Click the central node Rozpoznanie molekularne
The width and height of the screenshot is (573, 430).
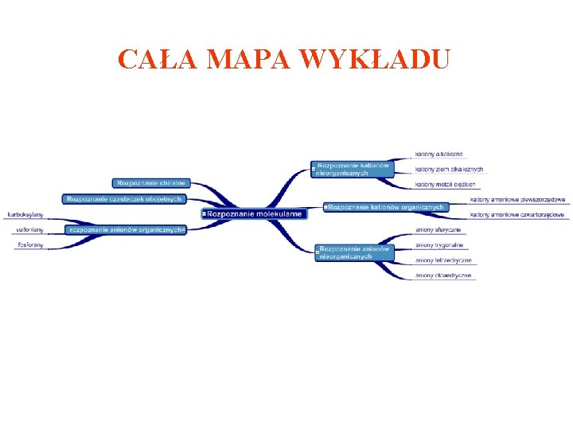tap(254, 214)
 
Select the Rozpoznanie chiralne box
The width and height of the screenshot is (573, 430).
tap(151, 183)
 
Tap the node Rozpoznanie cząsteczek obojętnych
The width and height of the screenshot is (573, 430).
tap(124, 199)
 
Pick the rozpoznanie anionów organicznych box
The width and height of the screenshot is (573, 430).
tap(127, 229)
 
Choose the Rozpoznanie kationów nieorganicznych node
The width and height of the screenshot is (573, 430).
tap(353, 169)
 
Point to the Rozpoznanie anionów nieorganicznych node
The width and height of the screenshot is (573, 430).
tap(355, 252)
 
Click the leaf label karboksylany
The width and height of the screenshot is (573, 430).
tap(25, 215)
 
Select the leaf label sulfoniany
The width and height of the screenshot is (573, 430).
tap(29, 230)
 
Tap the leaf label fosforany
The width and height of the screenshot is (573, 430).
tap(30, 245)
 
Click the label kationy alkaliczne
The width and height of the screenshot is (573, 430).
tap(439, 154)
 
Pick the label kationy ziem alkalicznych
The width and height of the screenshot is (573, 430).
tap(449, 169)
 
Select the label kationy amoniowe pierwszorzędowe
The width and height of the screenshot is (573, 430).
tap(517, 199)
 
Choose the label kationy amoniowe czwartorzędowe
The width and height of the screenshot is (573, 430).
tap(517, 215)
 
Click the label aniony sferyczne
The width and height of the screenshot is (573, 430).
tap(438, 230)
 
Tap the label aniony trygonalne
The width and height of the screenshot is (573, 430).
tap(439, 245)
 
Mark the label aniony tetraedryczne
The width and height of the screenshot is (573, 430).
tap(443, 260)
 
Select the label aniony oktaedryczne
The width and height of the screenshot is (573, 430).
tap(443, 276)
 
